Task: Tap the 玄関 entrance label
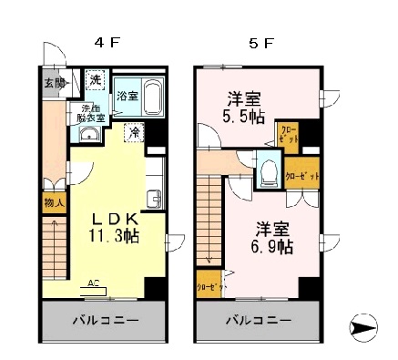pyautogui.click(x=53, y=83)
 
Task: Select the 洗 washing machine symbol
pyautogui.click(x=95, y=79)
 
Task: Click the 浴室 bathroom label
pyautogui.click(x=127, y=96)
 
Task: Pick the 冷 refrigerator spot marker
pyautogui.click(x=133, y=131)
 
